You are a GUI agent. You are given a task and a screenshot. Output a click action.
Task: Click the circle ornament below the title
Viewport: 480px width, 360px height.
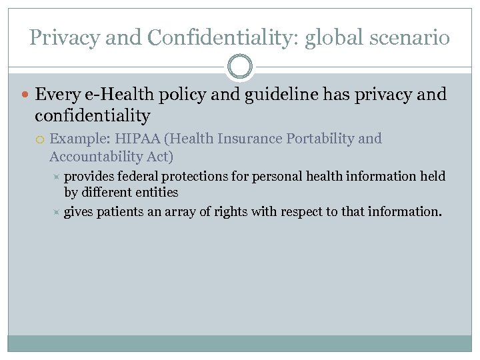(240, 67)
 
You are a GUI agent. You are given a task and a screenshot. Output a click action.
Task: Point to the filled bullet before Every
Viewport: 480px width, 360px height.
(25, 95)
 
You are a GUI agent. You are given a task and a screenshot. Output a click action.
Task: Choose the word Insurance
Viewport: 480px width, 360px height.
(250, 139)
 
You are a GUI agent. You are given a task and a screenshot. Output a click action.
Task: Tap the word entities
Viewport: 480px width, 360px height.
(158, 193)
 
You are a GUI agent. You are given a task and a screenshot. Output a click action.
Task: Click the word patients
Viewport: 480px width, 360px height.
(119, 211)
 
